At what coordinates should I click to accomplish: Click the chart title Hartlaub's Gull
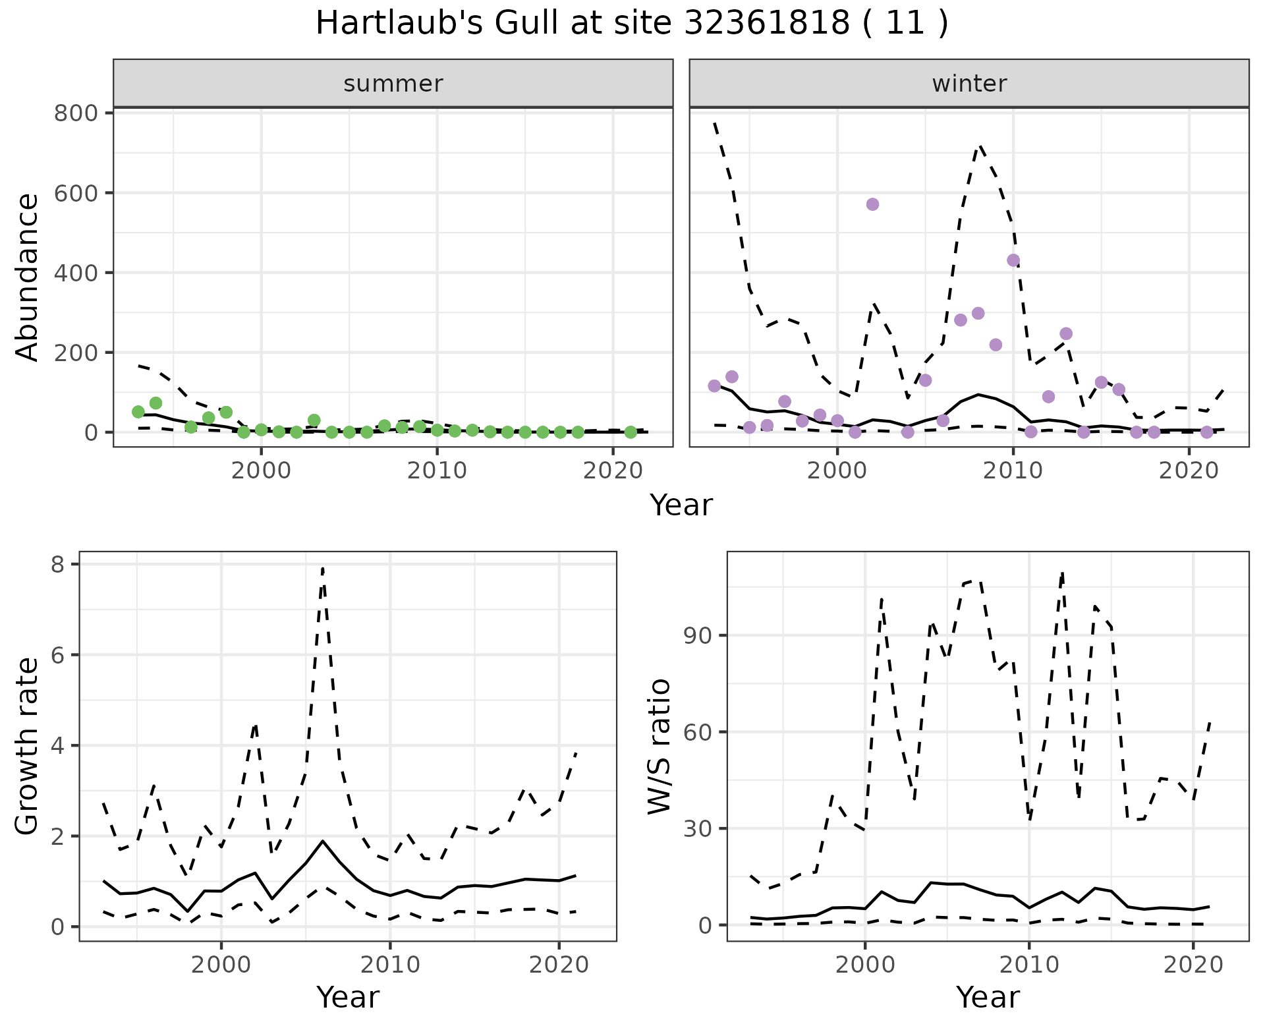point(632,24)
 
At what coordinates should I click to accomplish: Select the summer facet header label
point(393,84)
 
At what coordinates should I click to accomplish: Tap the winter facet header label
point(969,84)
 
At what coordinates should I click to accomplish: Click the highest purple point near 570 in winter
point(872,204)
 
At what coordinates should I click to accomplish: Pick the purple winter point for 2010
point(1013,260)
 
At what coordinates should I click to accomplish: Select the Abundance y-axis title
point(28,277)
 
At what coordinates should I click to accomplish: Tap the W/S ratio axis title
point(660,746)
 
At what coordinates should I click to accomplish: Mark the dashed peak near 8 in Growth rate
point(323,568)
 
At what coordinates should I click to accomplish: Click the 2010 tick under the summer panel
point(437,471)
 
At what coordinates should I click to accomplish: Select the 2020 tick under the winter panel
point(1189,471)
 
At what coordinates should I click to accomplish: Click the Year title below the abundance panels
point(681,505)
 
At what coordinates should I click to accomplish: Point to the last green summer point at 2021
point(631,432)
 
